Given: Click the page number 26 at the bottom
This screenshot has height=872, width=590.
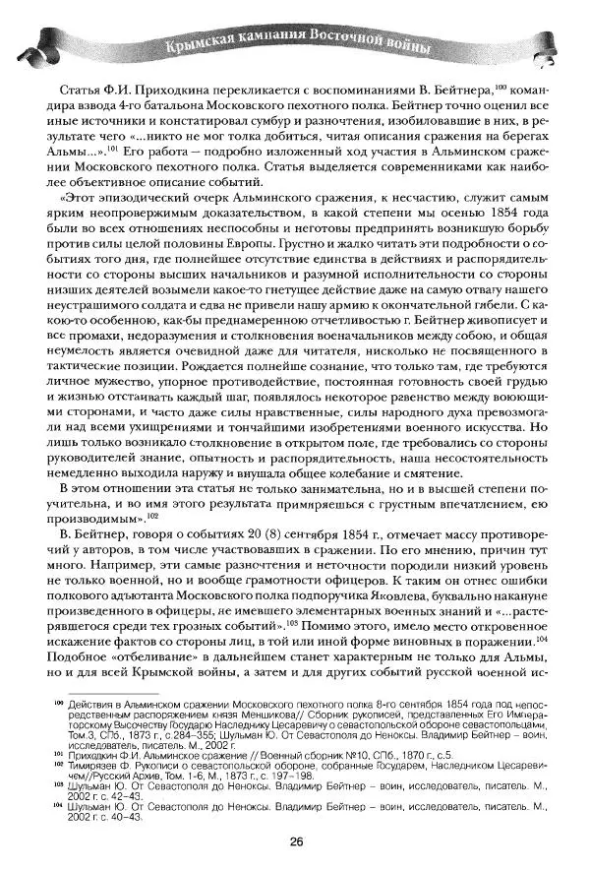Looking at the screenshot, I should tap(295, 840).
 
